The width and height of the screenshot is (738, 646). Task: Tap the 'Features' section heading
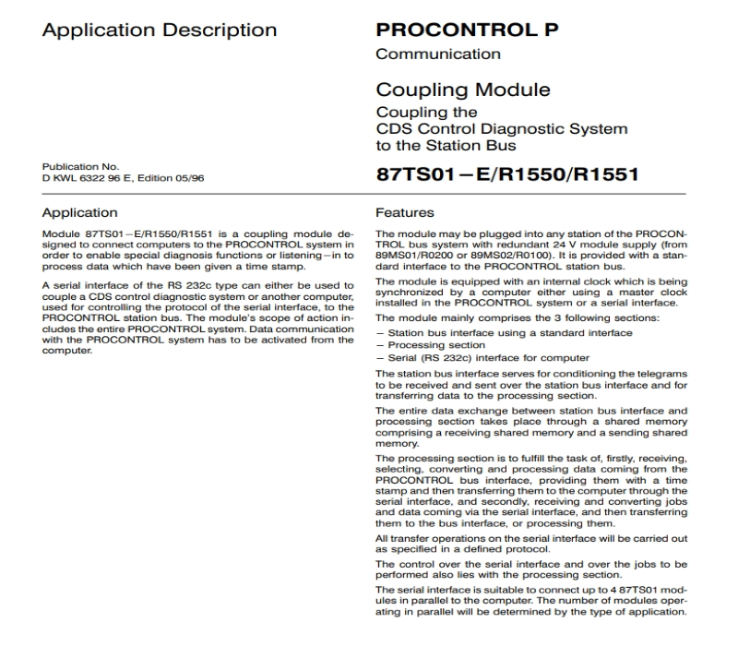(404, 212)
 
